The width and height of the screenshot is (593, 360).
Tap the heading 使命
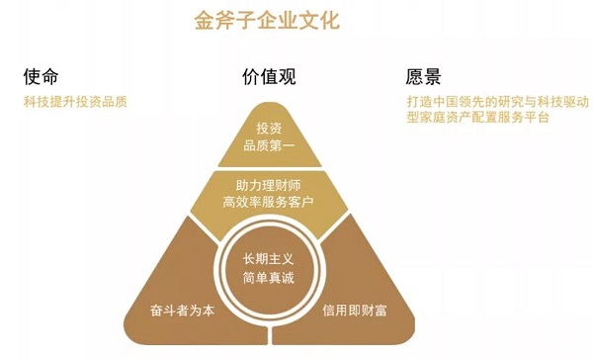[43, 77]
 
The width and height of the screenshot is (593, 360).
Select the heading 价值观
[269, 77]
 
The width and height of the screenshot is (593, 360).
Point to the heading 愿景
[423, 77]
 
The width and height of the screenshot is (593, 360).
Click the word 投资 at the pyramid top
[269, 130]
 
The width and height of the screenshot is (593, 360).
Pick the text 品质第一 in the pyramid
[269, 147]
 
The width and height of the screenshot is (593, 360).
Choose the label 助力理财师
[269, 185]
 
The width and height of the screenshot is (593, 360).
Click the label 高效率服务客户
[269, 203]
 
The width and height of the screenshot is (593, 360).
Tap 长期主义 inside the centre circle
[269, 259]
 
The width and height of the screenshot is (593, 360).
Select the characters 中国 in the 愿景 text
[443, 101]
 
